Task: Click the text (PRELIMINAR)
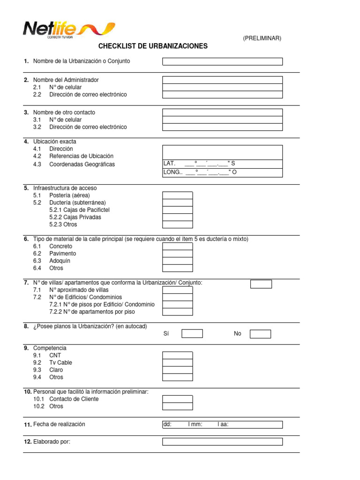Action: pos(262,38)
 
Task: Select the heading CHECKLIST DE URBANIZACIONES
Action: pos(153,46)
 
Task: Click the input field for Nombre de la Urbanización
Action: pos(222,61)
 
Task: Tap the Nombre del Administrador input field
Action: pos(222,80)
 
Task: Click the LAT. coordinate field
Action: pos(222,164)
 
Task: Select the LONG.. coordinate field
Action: pos(222,172)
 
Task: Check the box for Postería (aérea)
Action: pos(177,195)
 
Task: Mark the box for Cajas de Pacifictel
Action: pos(177,210)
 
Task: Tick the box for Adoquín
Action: pos(177,261)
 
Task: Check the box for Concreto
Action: pos(177,247)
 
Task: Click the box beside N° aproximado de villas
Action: pos(177,290)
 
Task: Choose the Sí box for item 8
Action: pos(192,334)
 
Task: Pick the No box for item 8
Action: pos(260,334)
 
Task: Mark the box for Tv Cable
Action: pos(177,363)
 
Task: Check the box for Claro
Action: pos(177,370)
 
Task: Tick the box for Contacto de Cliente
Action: pos(177,399)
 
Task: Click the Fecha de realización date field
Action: pos(222,425)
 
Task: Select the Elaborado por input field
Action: pos(222,442)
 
